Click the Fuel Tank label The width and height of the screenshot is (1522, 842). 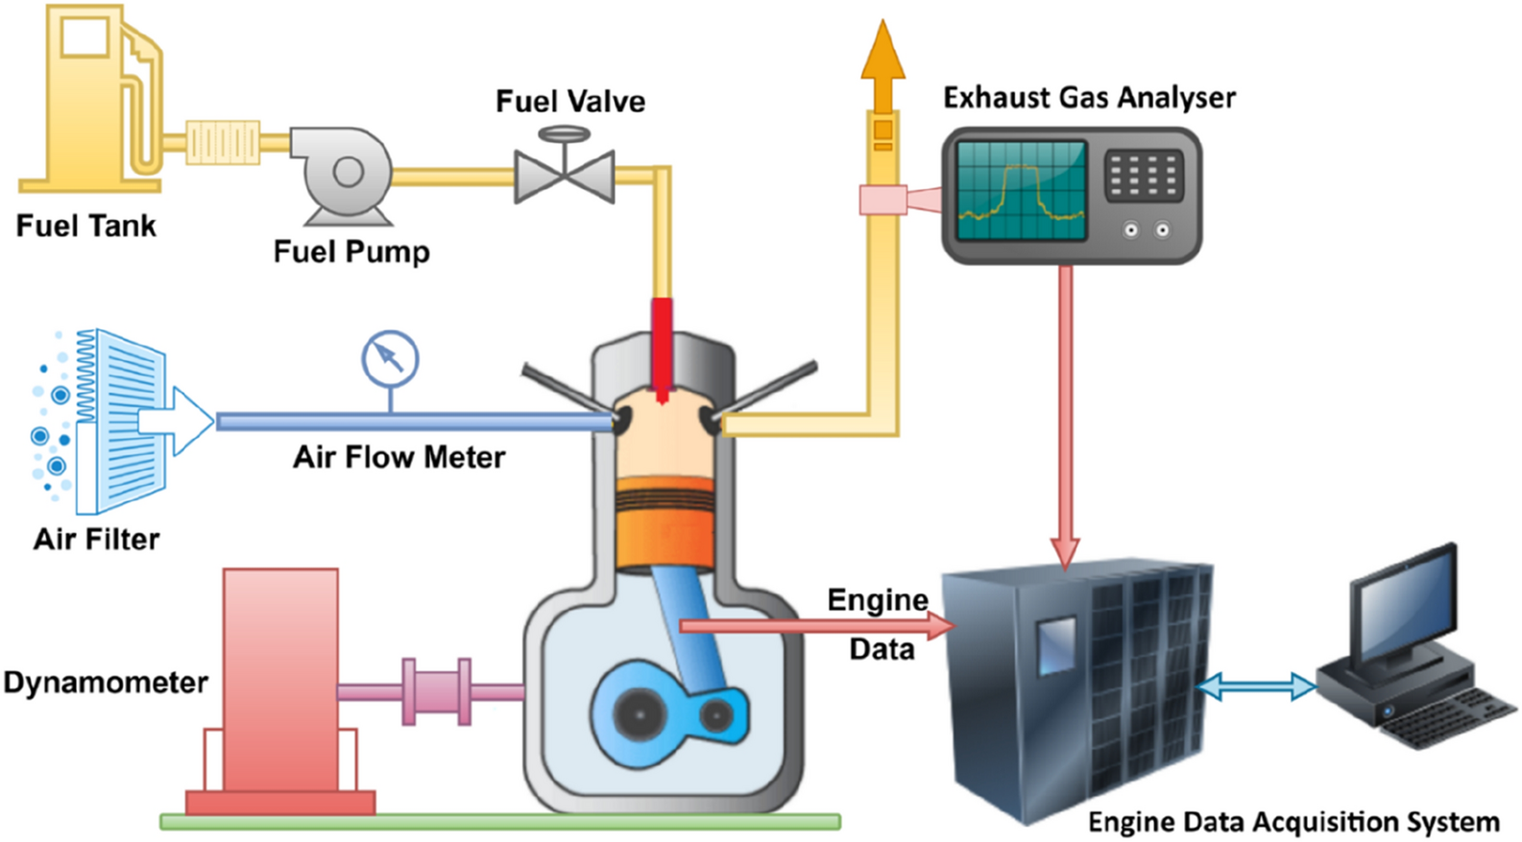click(x=85, y=226)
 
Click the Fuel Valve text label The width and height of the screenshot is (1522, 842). click(x=570, y=101)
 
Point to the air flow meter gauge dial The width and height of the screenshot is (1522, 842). click(x=390, y=358)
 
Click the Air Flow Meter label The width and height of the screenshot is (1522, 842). click(x=399, y=456)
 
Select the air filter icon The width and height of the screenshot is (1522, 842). click(x=120, y=421)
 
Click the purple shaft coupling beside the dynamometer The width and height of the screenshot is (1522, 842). click(x=437, y=690)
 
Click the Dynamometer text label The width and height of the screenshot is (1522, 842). click(x=106, y=683)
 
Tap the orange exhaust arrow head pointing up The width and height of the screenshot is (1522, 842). click(x=882, y=53)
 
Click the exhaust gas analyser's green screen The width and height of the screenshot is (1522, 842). click(x=1022, y=191)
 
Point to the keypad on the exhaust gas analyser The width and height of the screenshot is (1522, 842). click(x=1143, y=175)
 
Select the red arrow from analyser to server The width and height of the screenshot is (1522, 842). click(x=1065, y=413)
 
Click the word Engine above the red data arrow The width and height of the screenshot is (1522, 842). click(x=878, y=600)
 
